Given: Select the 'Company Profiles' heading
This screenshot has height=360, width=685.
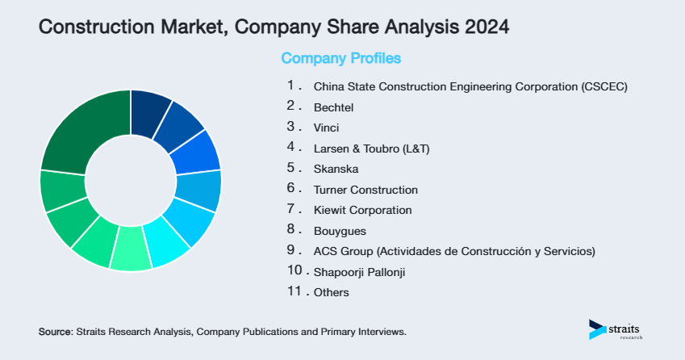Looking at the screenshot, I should tap(340, 58).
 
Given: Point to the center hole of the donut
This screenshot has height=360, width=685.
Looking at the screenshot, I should tap(130, 180).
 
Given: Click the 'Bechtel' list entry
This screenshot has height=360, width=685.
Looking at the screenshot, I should tap(333, 107).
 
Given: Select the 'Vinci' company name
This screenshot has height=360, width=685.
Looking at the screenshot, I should tap(326, 128).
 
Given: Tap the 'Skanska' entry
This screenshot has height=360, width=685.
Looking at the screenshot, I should tap(336, 170).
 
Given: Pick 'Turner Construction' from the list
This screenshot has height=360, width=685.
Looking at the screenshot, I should tap(365, 190).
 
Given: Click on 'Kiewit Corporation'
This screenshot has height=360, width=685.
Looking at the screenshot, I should tap(362, 210).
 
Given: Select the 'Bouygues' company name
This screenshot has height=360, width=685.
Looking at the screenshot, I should tap(339, 231).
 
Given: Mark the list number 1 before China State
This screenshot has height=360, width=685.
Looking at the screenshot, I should tap(290, 86).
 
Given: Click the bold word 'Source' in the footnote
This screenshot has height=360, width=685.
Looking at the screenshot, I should tap(55, 332).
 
